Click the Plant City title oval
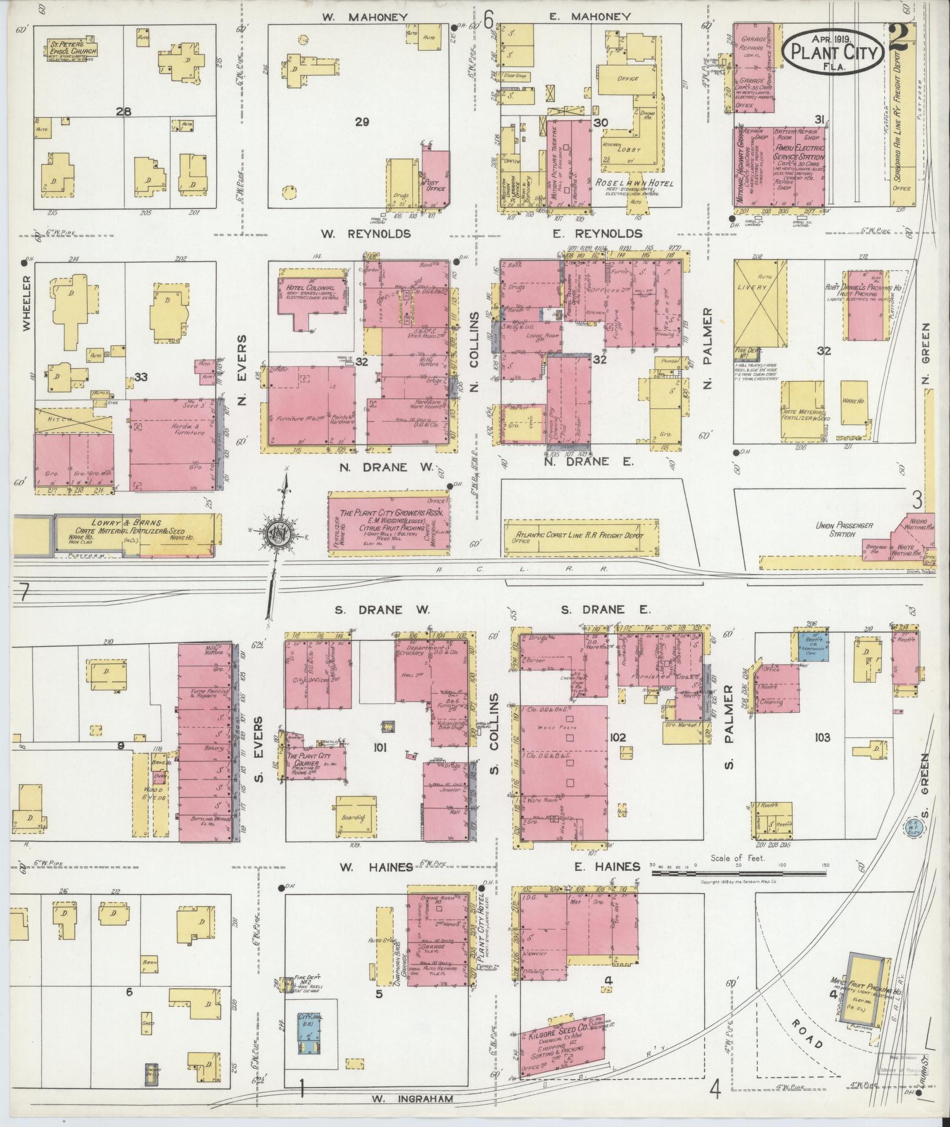(x=833, y=52)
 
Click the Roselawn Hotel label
(x=633, y=183)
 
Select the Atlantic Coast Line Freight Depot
(x=578, y=536)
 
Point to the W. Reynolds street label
(x=365, y=234)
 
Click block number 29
(x=362, y=122)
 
